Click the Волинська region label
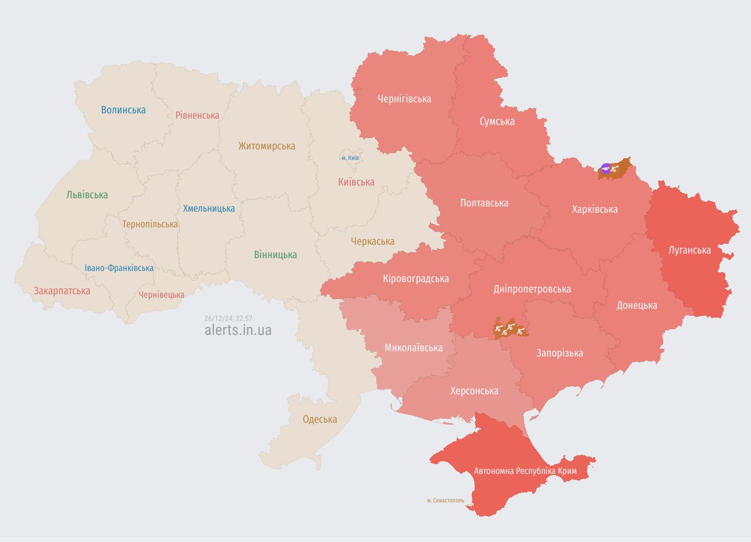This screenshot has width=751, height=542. click(123, 110)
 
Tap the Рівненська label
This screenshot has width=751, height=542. click(197, 115)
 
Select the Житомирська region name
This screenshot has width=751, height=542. click(266, 146)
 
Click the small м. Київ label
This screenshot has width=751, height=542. click(350, 158)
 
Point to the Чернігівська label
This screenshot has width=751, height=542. click(404, 99)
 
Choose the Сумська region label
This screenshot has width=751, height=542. click(497, 122)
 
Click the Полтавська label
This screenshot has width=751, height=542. click(484, 203)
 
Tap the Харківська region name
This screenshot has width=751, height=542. click(595, 209)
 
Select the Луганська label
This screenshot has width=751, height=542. click(689, 250)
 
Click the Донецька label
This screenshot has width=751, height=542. click(636, 305)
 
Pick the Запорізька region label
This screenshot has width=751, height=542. click(559, 353)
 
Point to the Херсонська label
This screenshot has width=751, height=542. click(474, 391)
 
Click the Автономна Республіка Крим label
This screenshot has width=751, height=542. click(525, 470)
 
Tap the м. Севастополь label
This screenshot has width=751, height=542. click(445, 500)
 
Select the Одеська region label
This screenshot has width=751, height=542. click(319, 419)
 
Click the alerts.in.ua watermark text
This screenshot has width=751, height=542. click(237, 330)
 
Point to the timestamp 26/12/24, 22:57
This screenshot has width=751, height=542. click(228, 318)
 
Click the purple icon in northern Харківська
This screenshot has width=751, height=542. click(606, 169)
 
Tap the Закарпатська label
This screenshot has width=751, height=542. click(62, 291)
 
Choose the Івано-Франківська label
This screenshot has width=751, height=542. click(119, 268)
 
